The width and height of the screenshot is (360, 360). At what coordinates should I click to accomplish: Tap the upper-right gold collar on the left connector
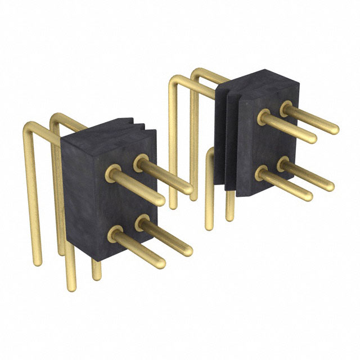[140, 163]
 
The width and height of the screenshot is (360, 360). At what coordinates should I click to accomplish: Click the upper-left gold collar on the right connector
[263, 118]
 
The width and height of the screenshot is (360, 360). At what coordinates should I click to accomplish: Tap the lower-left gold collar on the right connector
[262, 172]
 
